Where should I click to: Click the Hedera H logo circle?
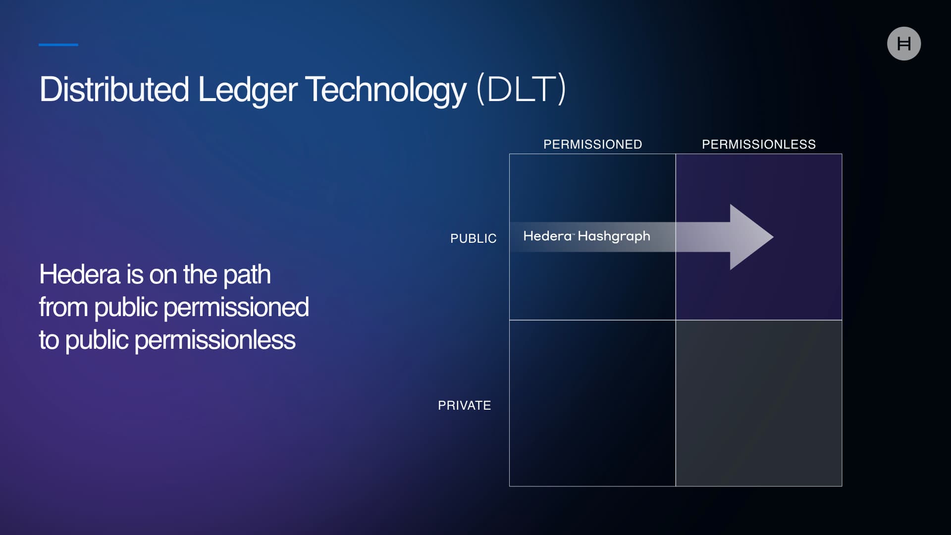click(904, 44)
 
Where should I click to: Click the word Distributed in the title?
click(114, 90)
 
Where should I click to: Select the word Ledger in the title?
click(248, 90)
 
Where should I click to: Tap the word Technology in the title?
click(385, 90)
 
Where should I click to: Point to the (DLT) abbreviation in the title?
click(521, 90)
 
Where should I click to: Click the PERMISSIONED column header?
click(592, 144)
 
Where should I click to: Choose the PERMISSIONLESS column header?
click(758, 144)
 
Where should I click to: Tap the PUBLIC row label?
click(473, 238)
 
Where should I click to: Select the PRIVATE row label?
click(464, 405)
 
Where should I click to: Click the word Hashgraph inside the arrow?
click(614, 236)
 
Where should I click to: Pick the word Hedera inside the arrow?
click(547, 236)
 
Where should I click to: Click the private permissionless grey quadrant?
click(758, 403)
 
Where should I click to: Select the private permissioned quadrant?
click(592, 403)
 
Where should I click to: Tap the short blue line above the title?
click(58, 45)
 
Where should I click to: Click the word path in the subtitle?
click(247, 275)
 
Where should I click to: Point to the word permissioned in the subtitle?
click(236, 308)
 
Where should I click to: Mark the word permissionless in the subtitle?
click(214, 340)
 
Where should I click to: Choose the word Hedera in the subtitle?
click(79, 275)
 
